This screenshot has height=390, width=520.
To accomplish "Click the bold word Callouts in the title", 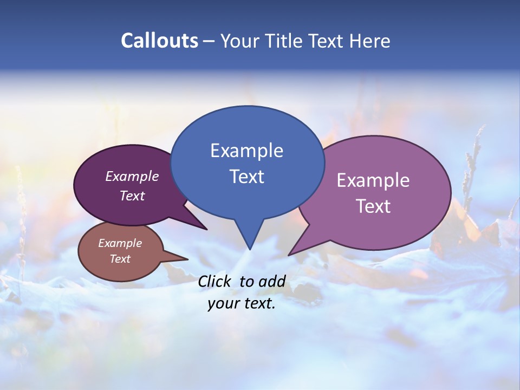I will point(160,41).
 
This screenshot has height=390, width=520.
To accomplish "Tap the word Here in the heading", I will point(370,41).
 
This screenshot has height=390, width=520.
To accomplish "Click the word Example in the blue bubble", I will point(246,151).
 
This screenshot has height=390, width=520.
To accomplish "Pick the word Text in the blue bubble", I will point(246,177).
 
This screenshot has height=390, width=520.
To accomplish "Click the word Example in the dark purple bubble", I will point(132,176).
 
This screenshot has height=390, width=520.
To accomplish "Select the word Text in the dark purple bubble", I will point(132,196).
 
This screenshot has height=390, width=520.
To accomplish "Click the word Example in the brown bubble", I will point(120,243).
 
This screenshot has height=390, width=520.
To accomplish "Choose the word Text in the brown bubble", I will point(120,259).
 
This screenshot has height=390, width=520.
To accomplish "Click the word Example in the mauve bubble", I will point(373,180).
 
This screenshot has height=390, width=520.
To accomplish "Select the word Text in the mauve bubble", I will point(373,206).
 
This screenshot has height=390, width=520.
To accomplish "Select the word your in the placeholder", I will point(222,304).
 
